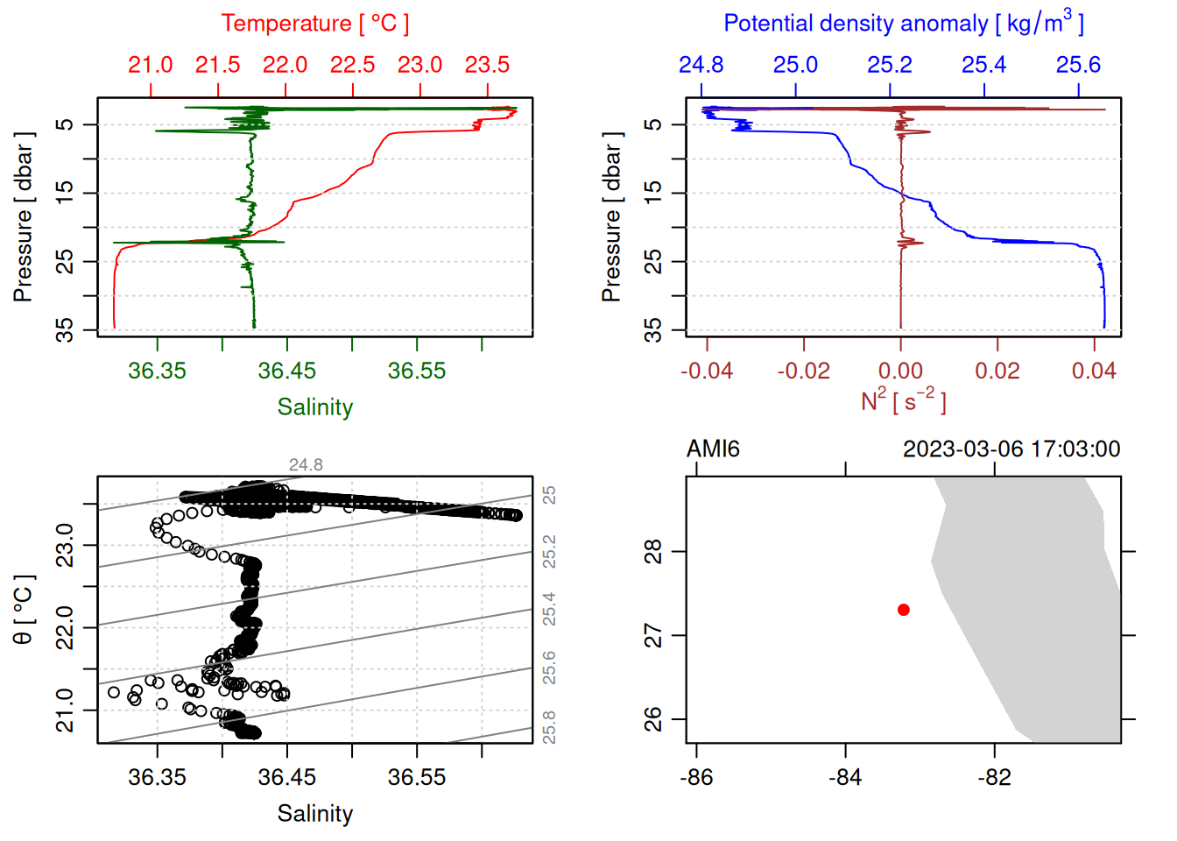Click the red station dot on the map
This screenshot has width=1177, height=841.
pos(903,610)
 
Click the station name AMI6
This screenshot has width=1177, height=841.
pos(713,449)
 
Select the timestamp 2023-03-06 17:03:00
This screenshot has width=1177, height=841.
pos(1011,449)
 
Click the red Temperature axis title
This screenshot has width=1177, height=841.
pos(314,24)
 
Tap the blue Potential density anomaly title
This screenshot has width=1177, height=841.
pos(903,23)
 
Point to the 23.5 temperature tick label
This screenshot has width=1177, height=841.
pos(487,65)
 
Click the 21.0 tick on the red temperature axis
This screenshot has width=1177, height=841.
pos(151,65)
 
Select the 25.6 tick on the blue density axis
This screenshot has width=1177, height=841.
pos(1078,65)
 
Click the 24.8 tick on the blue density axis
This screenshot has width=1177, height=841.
pos(701,65)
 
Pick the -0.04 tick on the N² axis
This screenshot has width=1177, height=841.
pos(707,371)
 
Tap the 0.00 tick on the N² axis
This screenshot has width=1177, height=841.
pos(900,371)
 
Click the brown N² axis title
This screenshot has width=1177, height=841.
pos(903,400)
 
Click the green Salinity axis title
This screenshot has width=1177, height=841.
pos(314,407)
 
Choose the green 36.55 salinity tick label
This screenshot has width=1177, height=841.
pos(417,371)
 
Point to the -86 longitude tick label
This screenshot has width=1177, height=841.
pos(696,778)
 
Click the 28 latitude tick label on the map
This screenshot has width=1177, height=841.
pos(653,552)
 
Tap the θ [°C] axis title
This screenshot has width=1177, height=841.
pos(24,610)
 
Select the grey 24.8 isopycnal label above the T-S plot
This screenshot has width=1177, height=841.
pos(306,465)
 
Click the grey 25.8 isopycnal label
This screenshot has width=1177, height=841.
pos(549,727)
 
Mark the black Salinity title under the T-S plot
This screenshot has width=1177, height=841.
pos(314,814)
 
